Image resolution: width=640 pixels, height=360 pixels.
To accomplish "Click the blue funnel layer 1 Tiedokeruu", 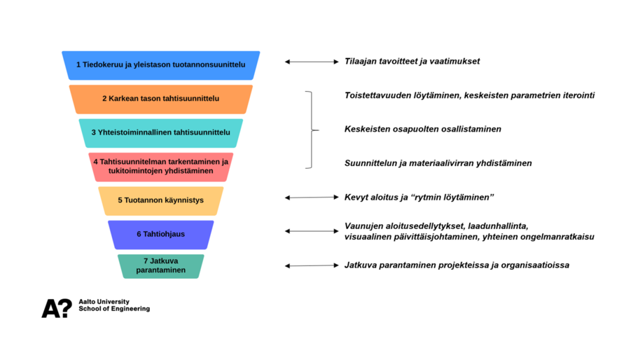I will tap(160, 64).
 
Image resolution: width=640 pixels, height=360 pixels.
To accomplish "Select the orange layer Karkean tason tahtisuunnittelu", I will tap(160, 99).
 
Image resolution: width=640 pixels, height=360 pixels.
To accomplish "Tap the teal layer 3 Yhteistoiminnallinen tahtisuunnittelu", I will tap(160, 132).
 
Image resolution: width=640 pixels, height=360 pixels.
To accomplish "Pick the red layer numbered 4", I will tap(160, 167).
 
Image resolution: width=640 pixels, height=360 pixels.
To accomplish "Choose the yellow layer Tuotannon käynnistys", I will tap(160, 200).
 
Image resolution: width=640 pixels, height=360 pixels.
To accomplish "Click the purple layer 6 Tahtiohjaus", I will tap(160, 234).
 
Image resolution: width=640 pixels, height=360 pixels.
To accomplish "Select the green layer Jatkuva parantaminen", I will tap(160, 266).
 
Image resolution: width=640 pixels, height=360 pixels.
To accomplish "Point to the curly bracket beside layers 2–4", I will tap(310, 130).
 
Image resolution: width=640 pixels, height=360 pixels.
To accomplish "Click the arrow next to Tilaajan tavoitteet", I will tap(312, 62).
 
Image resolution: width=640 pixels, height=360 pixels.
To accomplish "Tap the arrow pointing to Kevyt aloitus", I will tap(312, 198).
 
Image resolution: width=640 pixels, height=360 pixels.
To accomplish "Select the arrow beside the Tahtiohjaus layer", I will tap(312, 231).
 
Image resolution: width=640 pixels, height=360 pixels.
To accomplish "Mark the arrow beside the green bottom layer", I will tap(312, 265).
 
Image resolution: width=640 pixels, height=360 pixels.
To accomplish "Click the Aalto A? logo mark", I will tap(56, 308).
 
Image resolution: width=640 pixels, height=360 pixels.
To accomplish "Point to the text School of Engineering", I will tap(114, 309).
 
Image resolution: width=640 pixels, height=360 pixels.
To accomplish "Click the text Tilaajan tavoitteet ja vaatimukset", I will tap(412, 62).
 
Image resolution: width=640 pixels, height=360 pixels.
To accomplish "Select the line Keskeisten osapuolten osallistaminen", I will tap(422, 129).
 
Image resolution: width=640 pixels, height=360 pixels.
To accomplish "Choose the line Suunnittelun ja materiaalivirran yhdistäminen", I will tap(438, 163).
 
